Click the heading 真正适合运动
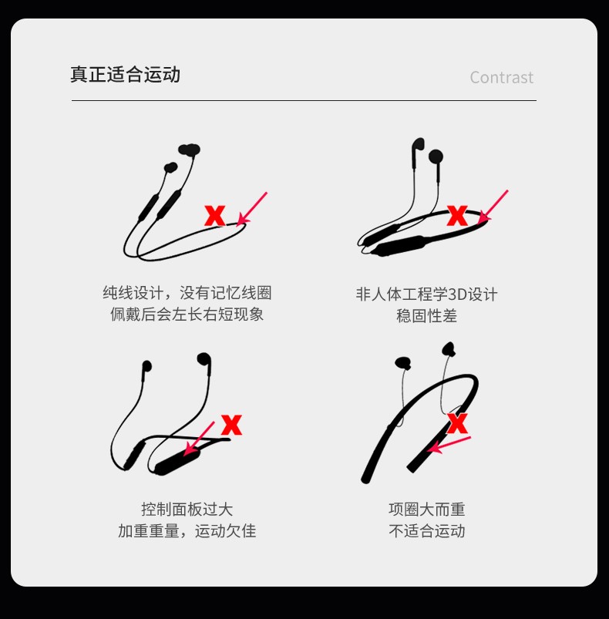tap(125, 75)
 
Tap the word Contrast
tap(501, 77)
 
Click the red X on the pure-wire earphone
tap(215, 216)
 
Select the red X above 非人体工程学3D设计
tap(457, 216)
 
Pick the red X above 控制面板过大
tap(232, 425)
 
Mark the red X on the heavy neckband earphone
tap(457, 423)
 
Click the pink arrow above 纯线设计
tap(252, 209)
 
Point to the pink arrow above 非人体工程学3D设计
tap(493, 207)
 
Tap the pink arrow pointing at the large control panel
tap(200, 438)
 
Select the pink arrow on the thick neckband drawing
tap(449, 445)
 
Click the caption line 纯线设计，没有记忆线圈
tap(187, 293)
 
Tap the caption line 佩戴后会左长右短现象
tap(187, 315)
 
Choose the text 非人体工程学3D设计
tap(426, 294)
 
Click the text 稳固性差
tap(426, 316)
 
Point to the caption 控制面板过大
tap(187, 510)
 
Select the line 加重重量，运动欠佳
tap(187, 531)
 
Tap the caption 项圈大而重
tap(426, 510)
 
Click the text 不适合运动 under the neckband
tap(426, 531)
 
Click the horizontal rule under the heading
tap(304, 100)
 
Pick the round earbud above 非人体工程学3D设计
tap(436, 156)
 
